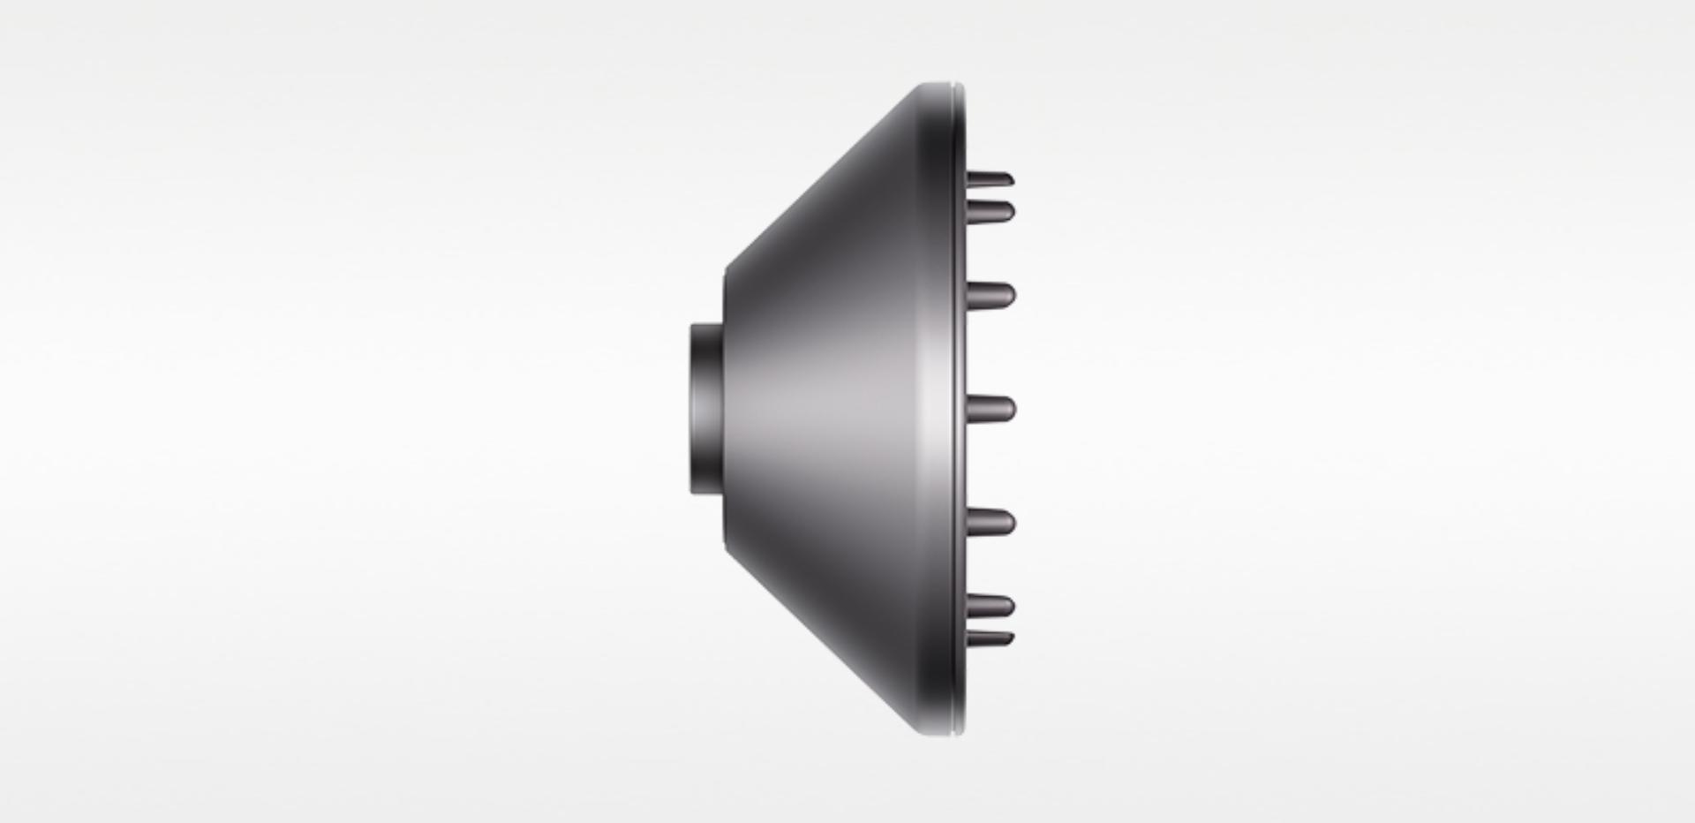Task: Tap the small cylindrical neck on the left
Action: coord(707,409)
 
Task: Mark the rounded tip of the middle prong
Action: coord(1011,409)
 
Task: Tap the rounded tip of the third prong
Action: coord(1011,294)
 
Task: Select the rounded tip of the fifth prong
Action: coord(1011,523)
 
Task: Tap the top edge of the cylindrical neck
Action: coord(707,325)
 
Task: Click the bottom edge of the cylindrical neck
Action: coord(707,494)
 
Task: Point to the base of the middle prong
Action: coord(972,409)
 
